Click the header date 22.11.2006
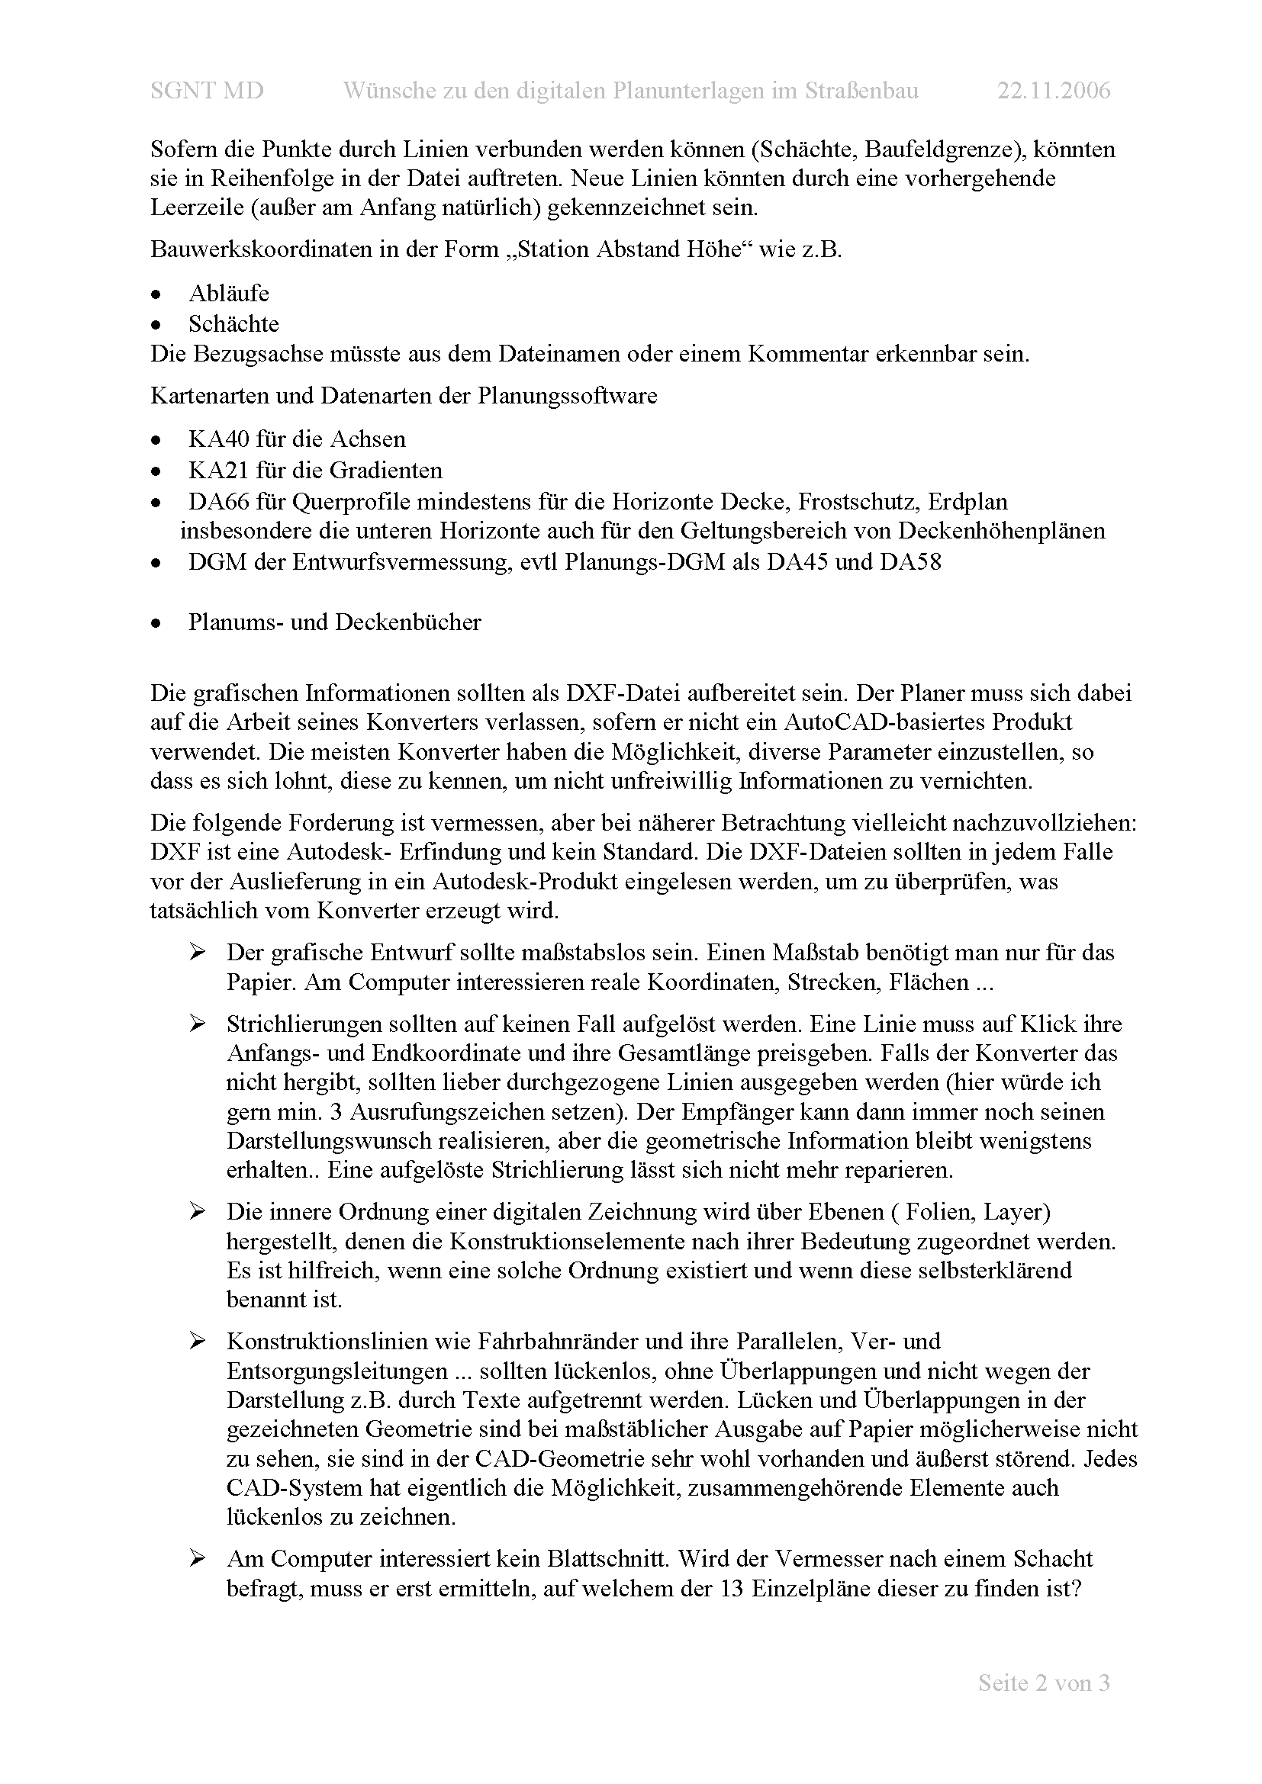coord(1054,91)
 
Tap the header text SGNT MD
coord(207,91)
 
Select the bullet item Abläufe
coord(228,293)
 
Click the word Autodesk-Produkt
coord(524,881)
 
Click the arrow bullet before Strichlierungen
coord(197,1024)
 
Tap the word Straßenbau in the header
coord(860,91)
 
